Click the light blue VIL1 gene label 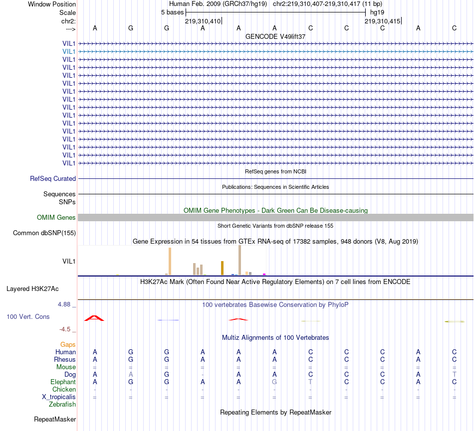pos(69,51)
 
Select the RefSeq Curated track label pos(53,178)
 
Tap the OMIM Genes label pos(56,217)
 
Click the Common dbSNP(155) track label pos(44,233)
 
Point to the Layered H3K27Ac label pos(32,288)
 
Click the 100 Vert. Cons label pos(28,316)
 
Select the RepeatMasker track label pos(55,420)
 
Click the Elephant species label pos(63,382)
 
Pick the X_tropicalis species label pos(59,397)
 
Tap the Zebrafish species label pos(62,404)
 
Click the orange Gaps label pos(68,344)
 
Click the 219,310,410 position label pos(203,21)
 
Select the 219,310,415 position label pos(382,21)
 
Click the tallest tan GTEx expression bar pos(239,260)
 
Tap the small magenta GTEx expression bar pos(264,274)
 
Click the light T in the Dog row pos(454,374)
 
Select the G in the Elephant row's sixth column pos(274,382)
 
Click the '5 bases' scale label pos(172,12)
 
